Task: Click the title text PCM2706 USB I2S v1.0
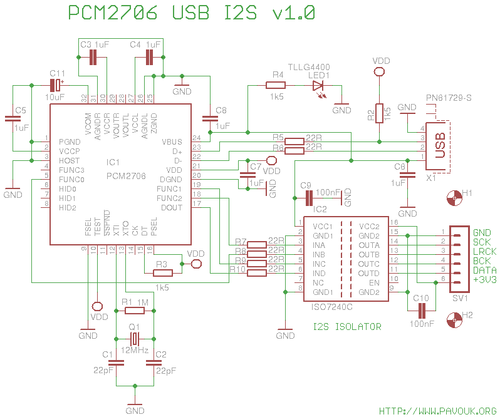click(x=191, y=14)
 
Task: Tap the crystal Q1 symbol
click(x=134, y=339)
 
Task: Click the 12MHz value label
click(x=135, y=350)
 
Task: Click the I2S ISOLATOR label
click(x=346, y=327)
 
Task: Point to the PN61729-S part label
click(x=449, y=98)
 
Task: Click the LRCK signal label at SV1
click(x=484, y=251)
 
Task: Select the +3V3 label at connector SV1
click(x=485, y=279)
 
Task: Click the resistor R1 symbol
click(x=134, y=311)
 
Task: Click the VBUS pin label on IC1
click(x=172, y=142)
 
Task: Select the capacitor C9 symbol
click(x=308, y=198)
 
